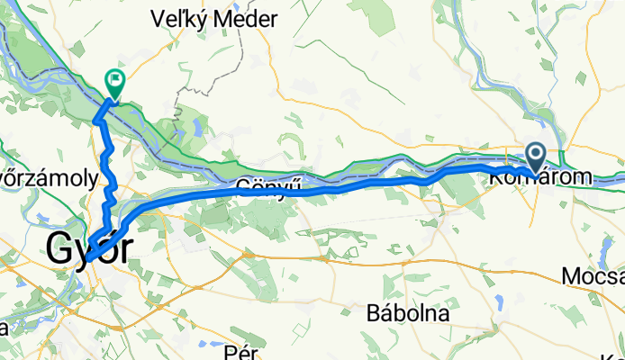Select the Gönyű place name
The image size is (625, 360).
pyautogui.click(x=260, y=186)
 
